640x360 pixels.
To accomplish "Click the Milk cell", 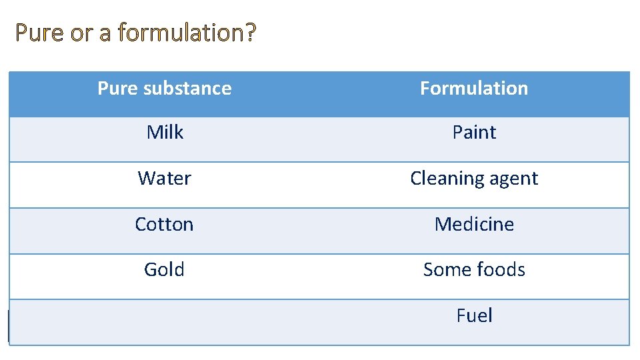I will tap(165, 133).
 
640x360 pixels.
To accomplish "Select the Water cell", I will tap(165, 179).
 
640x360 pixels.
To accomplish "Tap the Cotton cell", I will tap(165, 224).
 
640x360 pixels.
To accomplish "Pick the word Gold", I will tap(165, 270).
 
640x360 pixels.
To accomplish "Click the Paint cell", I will tap(474, 133).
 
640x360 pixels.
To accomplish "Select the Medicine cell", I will tap(474, 224).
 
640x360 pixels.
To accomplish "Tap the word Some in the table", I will tap(447, 270).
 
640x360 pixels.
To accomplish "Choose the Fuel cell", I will tap(474, 315).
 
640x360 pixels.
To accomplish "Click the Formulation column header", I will tap(474, 88).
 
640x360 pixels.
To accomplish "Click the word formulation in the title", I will tap(180, 32).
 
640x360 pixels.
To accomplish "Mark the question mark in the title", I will tap(250, 32).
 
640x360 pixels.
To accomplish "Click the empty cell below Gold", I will tap(165, 322).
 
